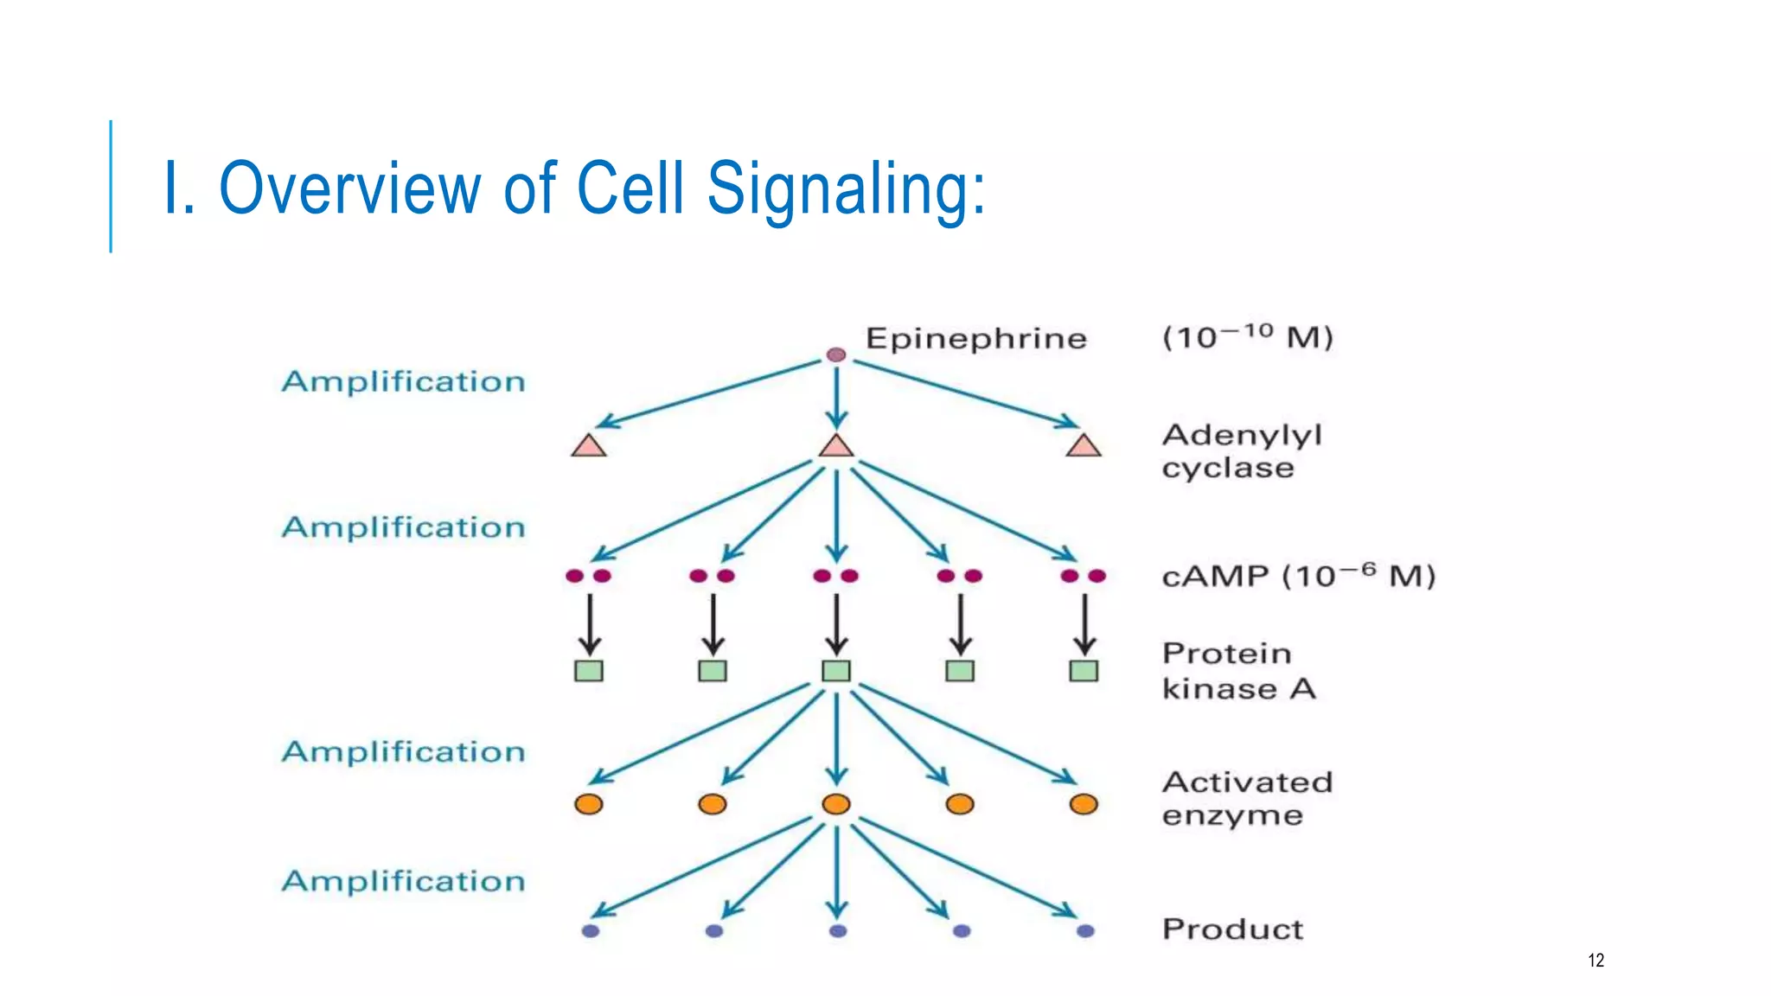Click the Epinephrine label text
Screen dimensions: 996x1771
click(x=975, y=338)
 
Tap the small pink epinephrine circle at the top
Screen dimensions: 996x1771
click(x=835, y=354)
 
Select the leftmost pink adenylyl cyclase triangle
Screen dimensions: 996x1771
click(x=589, y=447)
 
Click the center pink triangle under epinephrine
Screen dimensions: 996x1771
click(x=836, y=447)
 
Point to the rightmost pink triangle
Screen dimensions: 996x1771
click(x=1084, y=447)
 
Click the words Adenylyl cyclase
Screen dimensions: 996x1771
click(x=1240, y=450)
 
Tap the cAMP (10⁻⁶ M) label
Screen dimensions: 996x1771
click(x=1297, y=576)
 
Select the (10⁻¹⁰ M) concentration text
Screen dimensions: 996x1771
click(x=1247, y=336)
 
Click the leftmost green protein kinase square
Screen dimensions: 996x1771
click(x=589, y=671)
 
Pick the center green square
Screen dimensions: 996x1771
click(x=836, y=671)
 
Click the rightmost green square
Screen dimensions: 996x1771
click(x=1084, y=671)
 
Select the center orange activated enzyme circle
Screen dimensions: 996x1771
click(x=836, y=804)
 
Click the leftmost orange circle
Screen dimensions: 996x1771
click(x=589, y=804)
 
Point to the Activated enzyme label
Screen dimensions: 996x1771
click(x=1245, y=798)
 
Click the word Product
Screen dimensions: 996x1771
click(x=1231, y=929)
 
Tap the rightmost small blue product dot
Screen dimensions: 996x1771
click(x=1085, y=931)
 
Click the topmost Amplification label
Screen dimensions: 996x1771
click(x=403, y=381)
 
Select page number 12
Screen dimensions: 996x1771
click(x=1595, y=960)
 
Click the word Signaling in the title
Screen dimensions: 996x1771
click(x=845, y=188)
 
